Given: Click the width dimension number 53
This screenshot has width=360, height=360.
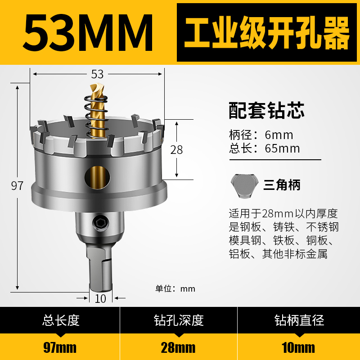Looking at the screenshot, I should pos(97,74).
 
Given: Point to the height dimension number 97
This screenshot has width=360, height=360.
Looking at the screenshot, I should pos(17,186).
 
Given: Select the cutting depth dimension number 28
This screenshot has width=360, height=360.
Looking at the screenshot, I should pos(177,150).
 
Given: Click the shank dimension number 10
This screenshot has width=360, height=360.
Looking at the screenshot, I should pos(101,298).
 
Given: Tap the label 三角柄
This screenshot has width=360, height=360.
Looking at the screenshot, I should pos(282,185).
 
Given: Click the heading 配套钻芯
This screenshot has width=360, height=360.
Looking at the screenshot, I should pos(267,110).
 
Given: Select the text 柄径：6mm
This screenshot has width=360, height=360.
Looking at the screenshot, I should pos(261,135).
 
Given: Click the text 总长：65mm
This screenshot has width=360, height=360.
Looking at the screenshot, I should pos(264,148).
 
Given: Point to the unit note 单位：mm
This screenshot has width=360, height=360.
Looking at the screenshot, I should pos(175,289).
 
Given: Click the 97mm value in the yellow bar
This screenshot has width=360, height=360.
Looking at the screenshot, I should pos(60,347).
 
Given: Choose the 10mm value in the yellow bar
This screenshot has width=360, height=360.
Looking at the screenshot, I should pos(299,347).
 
